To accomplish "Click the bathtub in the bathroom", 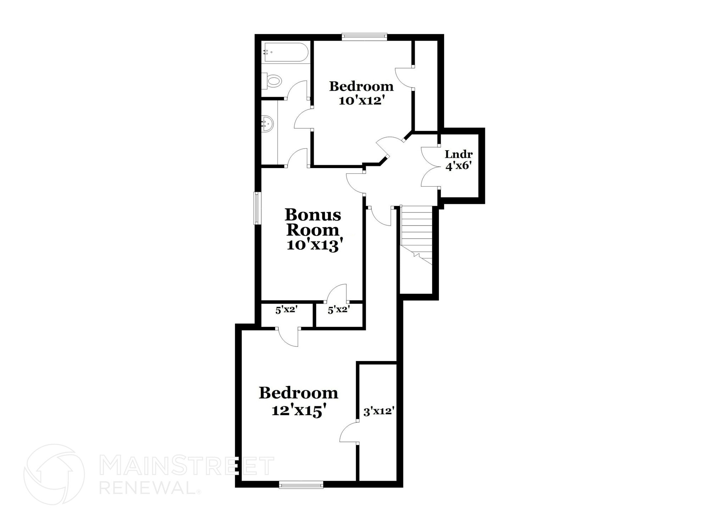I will (x=286, y=52).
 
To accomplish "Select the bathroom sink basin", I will (x=268, y=124).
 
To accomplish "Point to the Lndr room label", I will (x=459, y=154).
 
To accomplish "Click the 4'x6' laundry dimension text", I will (x=458, y=166).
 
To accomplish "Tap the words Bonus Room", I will (x=313, y=222).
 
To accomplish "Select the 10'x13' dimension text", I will (x=315, y=245).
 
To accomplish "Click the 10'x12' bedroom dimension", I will (x=362, y=101).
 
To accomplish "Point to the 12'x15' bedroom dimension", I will (x=298, y=410).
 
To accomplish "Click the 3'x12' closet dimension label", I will (x=379, y=412).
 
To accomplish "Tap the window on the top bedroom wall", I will (x=364, y=37).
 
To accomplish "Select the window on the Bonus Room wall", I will (x=258, y=208).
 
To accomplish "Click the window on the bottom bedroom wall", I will (x=301, y=484).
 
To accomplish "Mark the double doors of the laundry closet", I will (x=430, y=167).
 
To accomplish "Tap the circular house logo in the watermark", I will (x=54, y=474).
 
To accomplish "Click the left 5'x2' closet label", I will (x=286, y=310).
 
